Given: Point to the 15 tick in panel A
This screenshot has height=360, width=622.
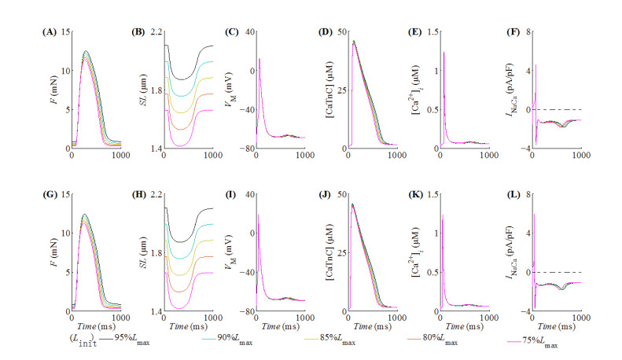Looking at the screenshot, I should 65,32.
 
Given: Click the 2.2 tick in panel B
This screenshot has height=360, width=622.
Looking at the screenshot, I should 156,32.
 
